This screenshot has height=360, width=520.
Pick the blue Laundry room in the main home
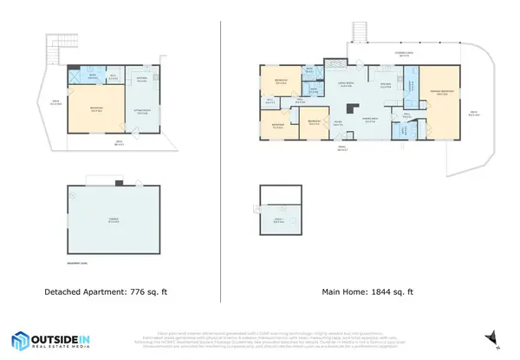[413, 88]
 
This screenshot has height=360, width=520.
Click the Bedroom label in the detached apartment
[95, 110]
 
